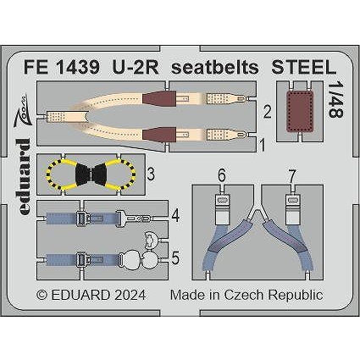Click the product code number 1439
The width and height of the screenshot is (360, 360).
click(78, 68)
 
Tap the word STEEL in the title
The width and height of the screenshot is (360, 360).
click(304, 68)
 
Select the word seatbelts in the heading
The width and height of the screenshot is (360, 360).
click(215, 68)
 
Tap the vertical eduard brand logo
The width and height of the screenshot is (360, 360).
click(23, 177)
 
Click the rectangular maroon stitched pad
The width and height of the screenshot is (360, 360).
click(300, 111)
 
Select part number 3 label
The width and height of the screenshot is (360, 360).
click(151, 174)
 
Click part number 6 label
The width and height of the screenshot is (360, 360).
click(222, 176)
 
